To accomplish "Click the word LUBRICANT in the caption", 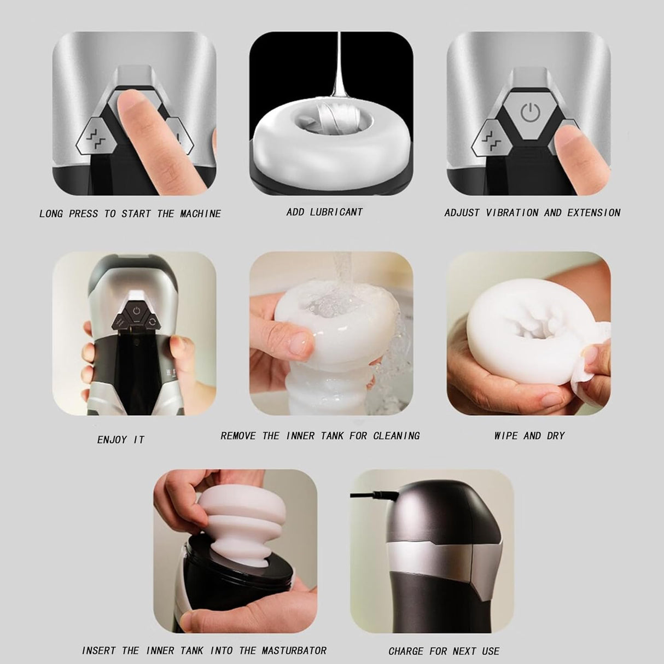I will [x=336, y=212].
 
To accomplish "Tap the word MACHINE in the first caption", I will [x=200, y=214].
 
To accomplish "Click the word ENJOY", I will [x=112, y=440].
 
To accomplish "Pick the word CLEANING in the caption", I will [x=397, y=436].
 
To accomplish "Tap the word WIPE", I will [x=506, y=436].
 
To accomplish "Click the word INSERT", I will [x=99, y=651].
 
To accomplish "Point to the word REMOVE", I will [x=238, y=436].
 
